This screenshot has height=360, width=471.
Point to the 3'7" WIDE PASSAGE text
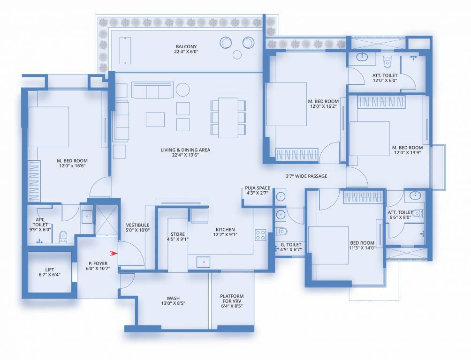point(306,176)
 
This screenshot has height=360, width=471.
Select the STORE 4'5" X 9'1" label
point(178,237)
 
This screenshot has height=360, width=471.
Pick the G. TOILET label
point(290,247)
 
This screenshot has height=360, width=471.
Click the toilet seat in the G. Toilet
point(281,231)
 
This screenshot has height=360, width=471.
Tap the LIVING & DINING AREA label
point(185,153)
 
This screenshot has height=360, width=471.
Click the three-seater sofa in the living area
point(151,90)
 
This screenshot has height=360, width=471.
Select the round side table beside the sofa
point(182,89)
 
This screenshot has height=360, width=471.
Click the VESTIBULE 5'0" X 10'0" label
point(137,228)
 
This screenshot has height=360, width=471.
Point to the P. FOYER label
point(98,266)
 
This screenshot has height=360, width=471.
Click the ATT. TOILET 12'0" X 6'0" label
point(385,78)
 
